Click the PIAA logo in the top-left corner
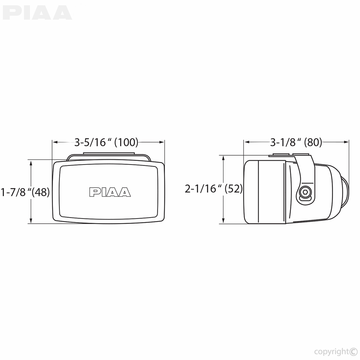(x=37, y=13)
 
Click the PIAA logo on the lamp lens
(x=110, y=192)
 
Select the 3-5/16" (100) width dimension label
(x=106, y=142)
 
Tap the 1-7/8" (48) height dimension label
(x=25, y=192)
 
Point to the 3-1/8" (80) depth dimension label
(x=296, y=142)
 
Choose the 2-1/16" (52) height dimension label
(x=213, y=189)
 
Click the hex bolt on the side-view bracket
(x=305, y=192)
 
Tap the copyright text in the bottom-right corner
(x=336, y=351)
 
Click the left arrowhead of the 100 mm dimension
(x=55, y=142)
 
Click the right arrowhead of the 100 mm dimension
(x=162, y=142)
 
